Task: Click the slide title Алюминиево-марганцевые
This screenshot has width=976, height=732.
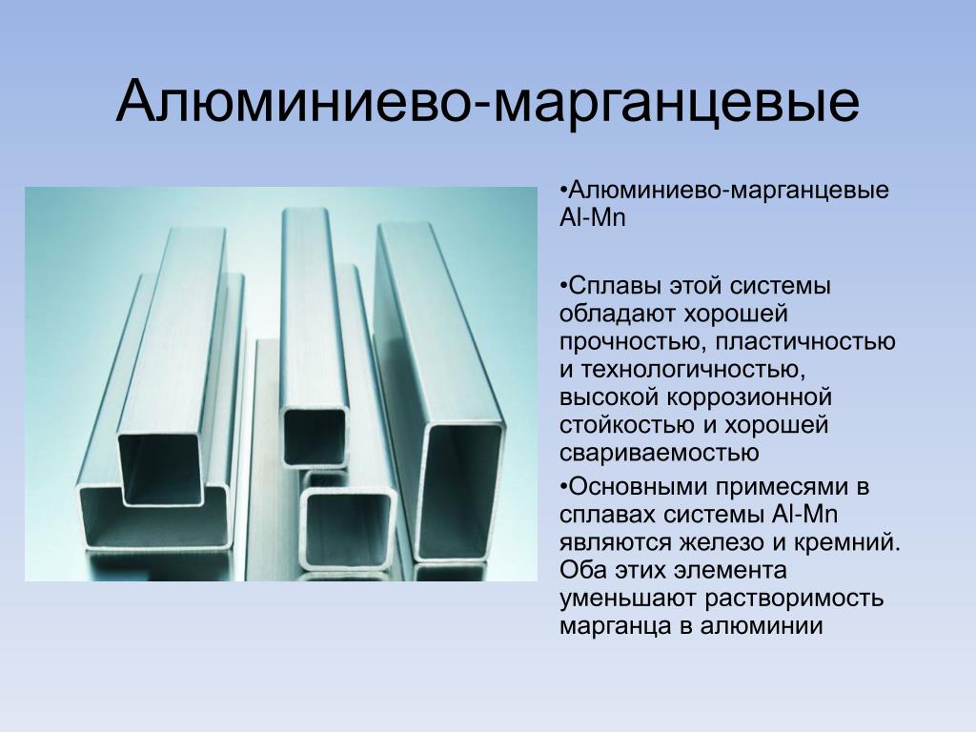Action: [x=488, y=102]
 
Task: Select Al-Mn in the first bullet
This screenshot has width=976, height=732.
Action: [x=592, y=218]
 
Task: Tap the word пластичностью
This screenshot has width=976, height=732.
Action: [x=805, y=342]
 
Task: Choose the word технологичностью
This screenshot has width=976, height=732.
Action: [x=693, y=370]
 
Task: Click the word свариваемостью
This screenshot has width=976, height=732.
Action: [x=660, y=453]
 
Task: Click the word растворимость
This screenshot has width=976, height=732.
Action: [x=794, y=599]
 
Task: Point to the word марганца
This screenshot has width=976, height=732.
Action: [x=616, y=626]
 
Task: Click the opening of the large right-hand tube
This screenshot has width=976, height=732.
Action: [x=459, y=493]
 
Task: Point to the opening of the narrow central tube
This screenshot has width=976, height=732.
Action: [x=315, y=437]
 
